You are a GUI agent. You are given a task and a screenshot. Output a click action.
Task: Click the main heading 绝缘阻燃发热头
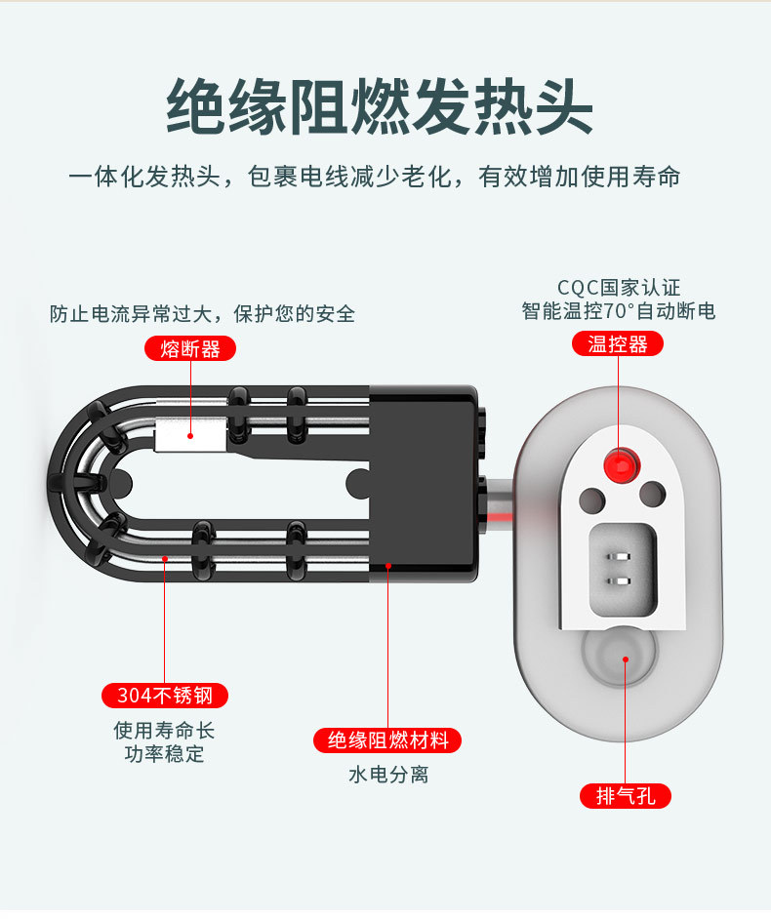(380, 106)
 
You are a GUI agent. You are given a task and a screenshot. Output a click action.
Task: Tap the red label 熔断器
(190, 348)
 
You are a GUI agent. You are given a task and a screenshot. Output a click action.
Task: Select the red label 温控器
(618, 343)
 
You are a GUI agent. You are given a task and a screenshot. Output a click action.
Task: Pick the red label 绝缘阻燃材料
(387, 740)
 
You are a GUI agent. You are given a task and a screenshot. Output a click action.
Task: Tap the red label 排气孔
(626, 795)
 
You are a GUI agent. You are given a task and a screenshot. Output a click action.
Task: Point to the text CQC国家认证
(619, 288)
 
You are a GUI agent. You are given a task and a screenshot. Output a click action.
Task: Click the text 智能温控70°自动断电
(619, 311)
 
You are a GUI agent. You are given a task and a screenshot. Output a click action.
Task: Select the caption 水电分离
(387, 775)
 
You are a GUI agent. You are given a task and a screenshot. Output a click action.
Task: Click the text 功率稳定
(164, 754)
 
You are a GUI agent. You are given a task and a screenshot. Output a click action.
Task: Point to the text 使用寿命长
(164, 730)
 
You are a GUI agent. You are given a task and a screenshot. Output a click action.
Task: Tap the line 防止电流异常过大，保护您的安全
(202, 314)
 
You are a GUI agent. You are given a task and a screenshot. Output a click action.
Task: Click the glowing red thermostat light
(619, 462)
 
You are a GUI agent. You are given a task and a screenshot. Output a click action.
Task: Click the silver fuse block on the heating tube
(191, 435)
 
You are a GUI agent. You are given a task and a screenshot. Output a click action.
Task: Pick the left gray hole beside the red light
(591, 499)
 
